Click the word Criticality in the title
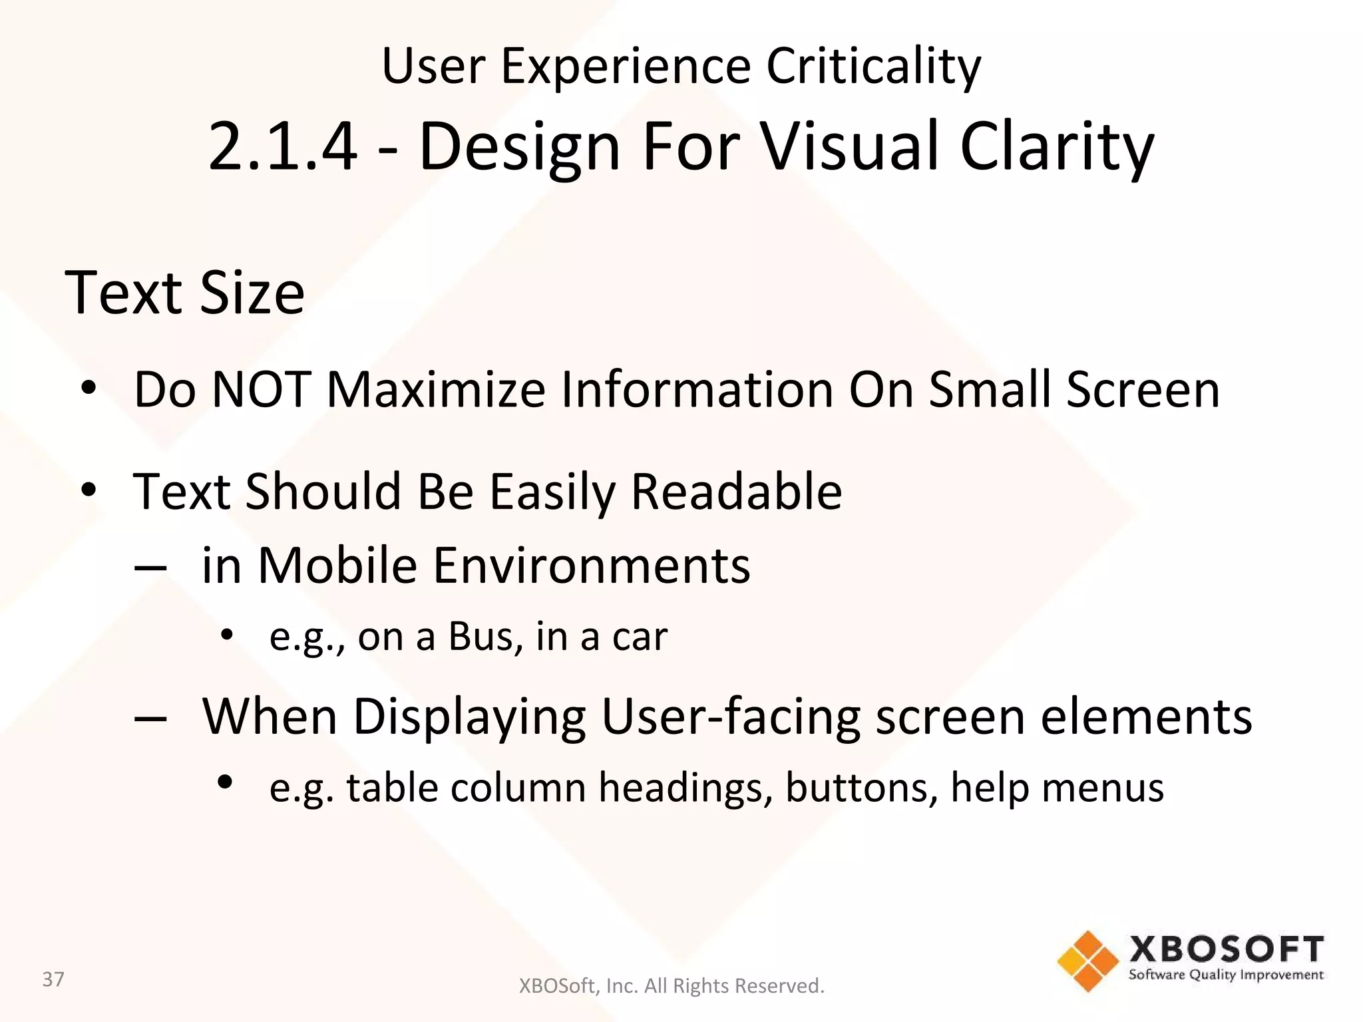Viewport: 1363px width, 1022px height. tap(873, 67)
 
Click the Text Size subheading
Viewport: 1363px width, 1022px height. tap(184, 293)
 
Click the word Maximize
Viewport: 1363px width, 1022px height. tap(436, 389)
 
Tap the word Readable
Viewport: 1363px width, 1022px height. tap(736, 492)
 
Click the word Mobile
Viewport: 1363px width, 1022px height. tap(337, 566)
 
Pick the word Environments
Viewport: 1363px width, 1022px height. tap(592, 566)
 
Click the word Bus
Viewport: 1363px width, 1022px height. tap(485, 637)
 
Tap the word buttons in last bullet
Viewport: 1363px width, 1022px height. tap(861, 788)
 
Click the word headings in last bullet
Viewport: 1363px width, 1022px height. tap(685, 788)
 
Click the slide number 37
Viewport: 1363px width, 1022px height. tap(53, 979)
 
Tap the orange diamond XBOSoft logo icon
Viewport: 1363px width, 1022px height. tap(1087, 961)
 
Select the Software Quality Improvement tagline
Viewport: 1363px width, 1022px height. tap(1226, 975)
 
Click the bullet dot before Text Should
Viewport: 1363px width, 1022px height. tap(89, 490)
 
